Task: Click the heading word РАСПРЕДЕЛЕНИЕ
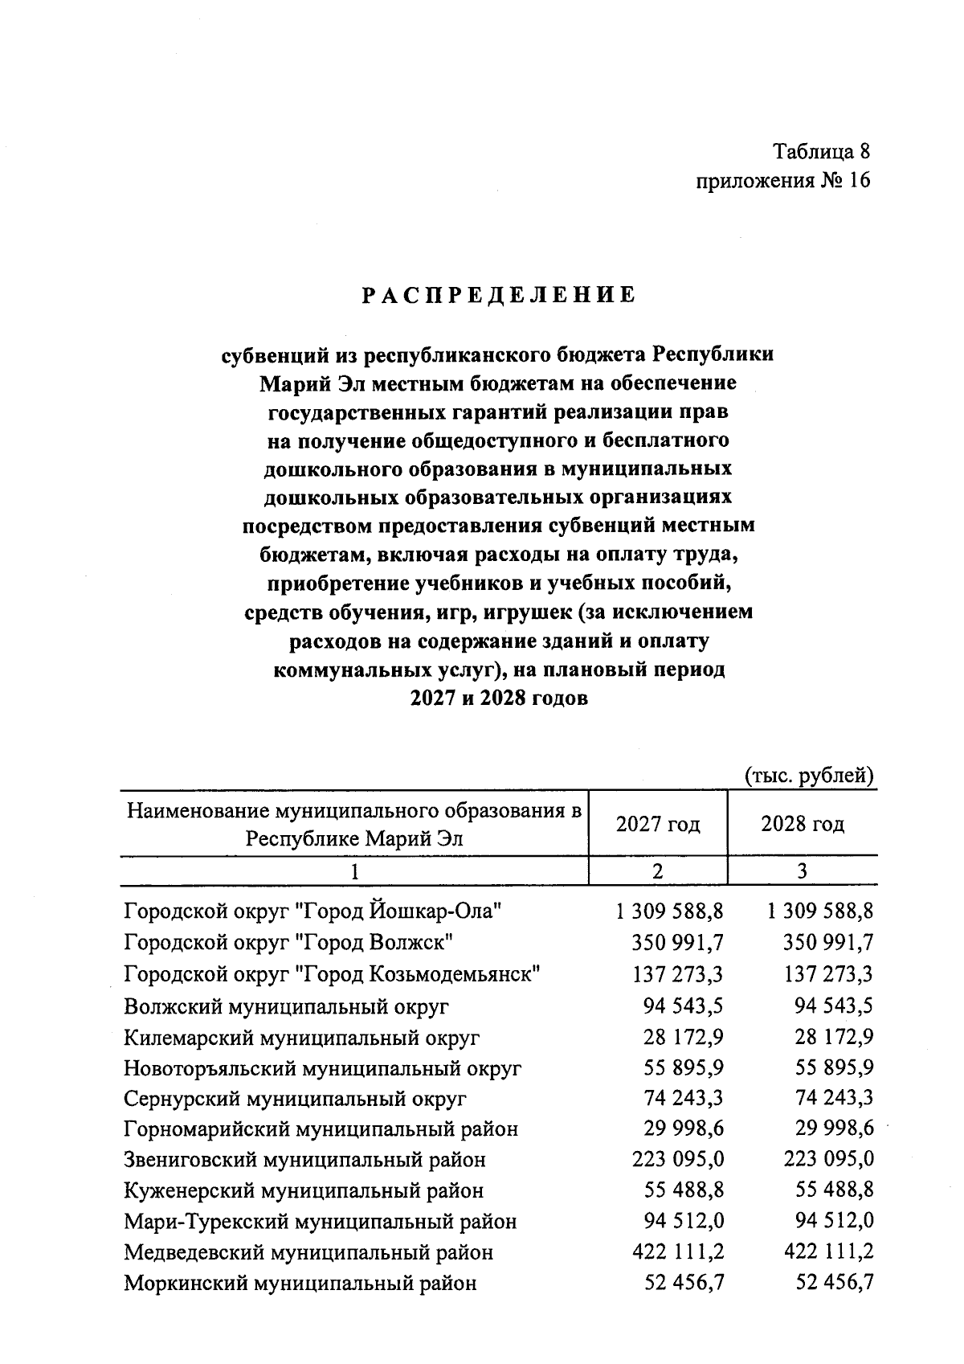coord(498,295)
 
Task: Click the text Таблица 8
coord(821,150)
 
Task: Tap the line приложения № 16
coord(783,180)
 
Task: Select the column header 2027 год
coord(658,824)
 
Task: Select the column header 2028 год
coord(803,824)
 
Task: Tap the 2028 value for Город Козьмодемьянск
coord(827,974)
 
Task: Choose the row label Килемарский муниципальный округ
coord(302,1038)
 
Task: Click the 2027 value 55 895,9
coord(684,1068)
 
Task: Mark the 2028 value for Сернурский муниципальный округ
coord(834,1098)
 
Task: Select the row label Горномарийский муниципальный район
coord(321,1129)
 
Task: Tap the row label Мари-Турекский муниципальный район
coord(321,1222)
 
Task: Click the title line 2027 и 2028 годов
coord(499,698)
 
